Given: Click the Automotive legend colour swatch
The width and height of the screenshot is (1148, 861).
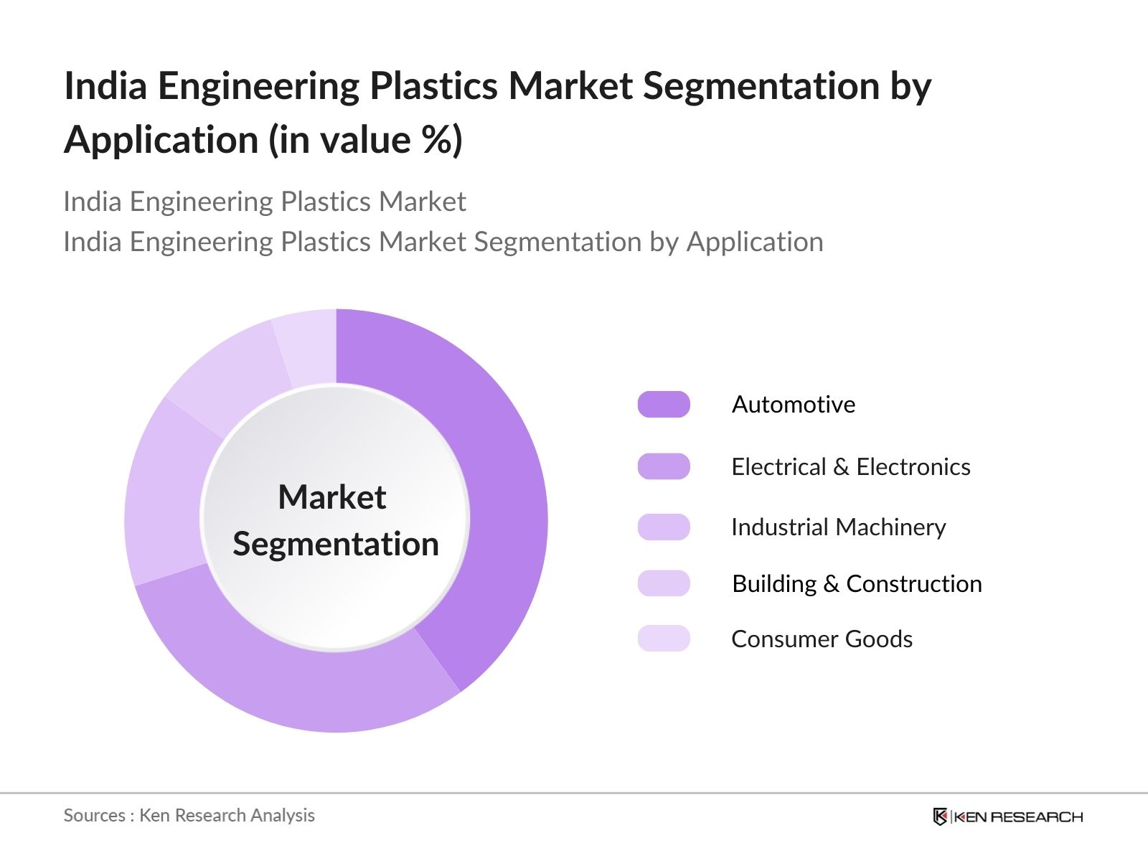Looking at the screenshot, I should coord(664,405).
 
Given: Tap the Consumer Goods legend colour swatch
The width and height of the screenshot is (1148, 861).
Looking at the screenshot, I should coord(664,639).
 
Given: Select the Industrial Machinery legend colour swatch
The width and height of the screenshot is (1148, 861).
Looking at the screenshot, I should coord(664,527).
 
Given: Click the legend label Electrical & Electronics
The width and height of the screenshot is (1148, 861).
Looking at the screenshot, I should coord(850,467).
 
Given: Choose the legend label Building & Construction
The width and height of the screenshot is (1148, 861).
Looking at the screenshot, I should coord(857,584).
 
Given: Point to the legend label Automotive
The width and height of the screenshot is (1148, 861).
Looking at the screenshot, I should coord(793,405).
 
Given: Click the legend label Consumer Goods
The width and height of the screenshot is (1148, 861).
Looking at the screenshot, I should coord(822,639).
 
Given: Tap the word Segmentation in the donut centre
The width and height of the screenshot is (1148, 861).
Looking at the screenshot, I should coord(336,544).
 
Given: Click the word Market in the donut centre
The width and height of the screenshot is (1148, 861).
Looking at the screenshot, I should coord(332,497).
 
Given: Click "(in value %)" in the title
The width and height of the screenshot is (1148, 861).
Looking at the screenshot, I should coord(366,139).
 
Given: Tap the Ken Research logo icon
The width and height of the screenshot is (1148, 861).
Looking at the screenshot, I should coord(940,817).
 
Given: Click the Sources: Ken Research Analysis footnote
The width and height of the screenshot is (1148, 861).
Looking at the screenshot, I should coord(189,816).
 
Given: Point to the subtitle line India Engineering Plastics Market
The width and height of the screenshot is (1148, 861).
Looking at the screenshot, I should coord(265,202).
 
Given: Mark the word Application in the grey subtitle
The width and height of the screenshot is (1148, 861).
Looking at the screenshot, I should coord(755,242).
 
